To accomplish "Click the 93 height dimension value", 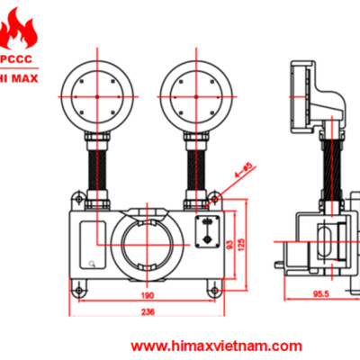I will click(229, 244).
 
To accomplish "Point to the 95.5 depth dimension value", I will click(320, 293).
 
